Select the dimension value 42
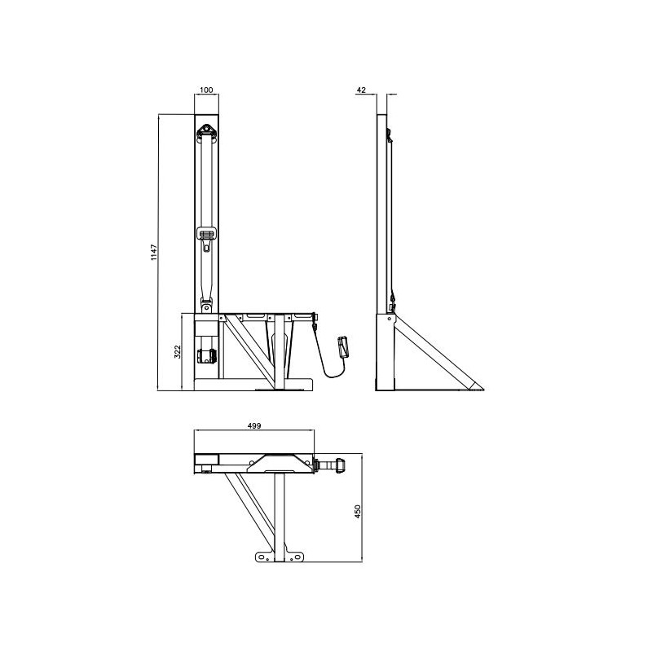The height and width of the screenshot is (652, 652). tap(360, 90)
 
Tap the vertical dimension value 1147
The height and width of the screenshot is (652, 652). tap(155, 253)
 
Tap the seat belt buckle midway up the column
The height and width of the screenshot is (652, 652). tap(208, 236)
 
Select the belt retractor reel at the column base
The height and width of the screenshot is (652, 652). tap(205, 356)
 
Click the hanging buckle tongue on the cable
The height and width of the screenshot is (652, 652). tap(342, 346)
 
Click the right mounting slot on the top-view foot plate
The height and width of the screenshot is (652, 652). tap(298, 557)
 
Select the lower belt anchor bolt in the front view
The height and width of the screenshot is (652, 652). tap(207, 307)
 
